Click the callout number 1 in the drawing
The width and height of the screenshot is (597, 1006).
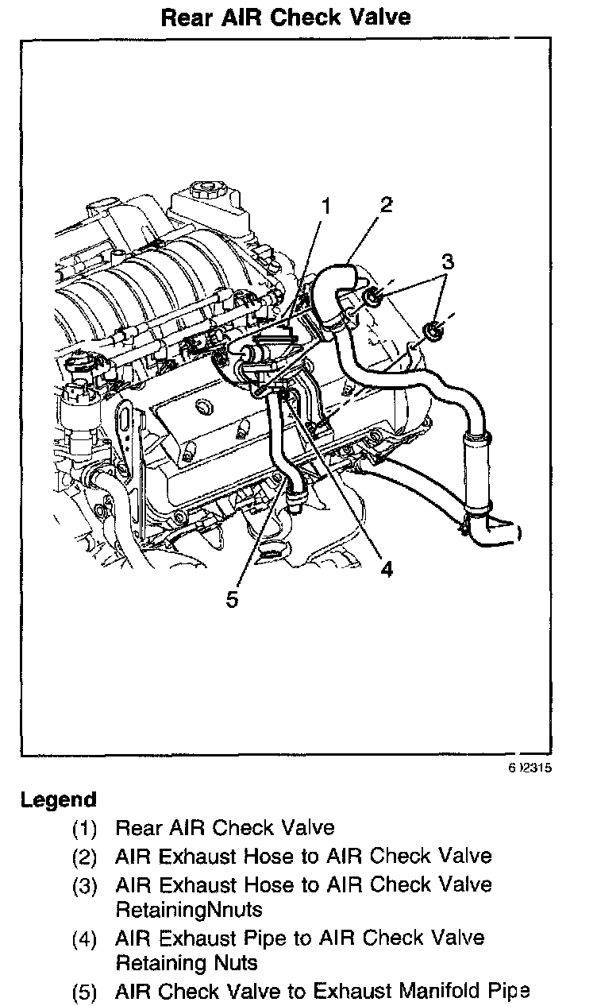point(326,206)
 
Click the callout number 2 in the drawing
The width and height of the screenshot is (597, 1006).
point(386,205)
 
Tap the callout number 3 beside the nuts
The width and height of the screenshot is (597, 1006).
point(447,261)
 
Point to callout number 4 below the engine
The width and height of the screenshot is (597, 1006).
point(387,569)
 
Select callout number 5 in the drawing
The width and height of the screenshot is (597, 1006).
point(232,600)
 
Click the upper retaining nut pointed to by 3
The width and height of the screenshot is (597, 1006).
point(372,297)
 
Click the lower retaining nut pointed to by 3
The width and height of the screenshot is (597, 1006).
point(433,331)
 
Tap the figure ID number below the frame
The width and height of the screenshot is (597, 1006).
point(530,768)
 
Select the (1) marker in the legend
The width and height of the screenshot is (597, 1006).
point(84,829)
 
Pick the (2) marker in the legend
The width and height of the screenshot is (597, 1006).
point(84,857)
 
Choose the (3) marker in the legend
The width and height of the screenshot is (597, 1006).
point(84,887)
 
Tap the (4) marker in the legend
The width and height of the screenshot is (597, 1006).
point(84,939)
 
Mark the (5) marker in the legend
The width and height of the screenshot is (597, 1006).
point(84,992)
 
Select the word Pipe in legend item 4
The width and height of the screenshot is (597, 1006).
point(264,939)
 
